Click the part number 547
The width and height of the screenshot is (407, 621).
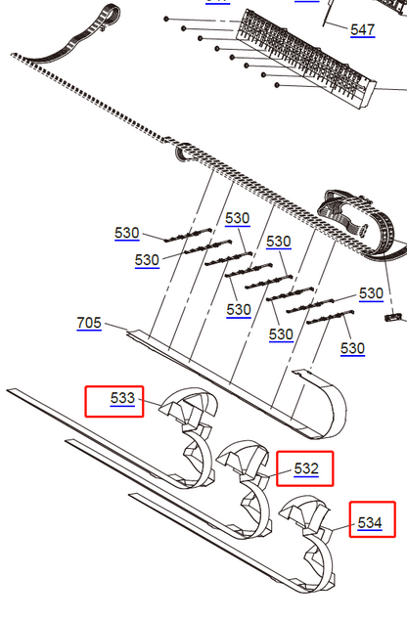click(362, 30)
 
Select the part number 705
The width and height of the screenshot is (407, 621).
click(89, 323)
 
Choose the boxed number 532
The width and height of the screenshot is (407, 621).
click(305, 468)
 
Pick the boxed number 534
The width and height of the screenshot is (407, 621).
click(369, 522)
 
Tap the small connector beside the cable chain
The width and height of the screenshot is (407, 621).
click(394, 317)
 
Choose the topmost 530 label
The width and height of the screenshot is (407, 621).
click(237, 217)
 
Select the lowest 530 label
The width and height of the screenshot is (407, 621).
click(352, 348)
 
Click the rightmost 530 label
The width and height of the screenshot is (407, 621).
click(371, 292)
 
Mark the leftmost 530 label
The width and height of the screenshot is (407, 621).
click(127, 233)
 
